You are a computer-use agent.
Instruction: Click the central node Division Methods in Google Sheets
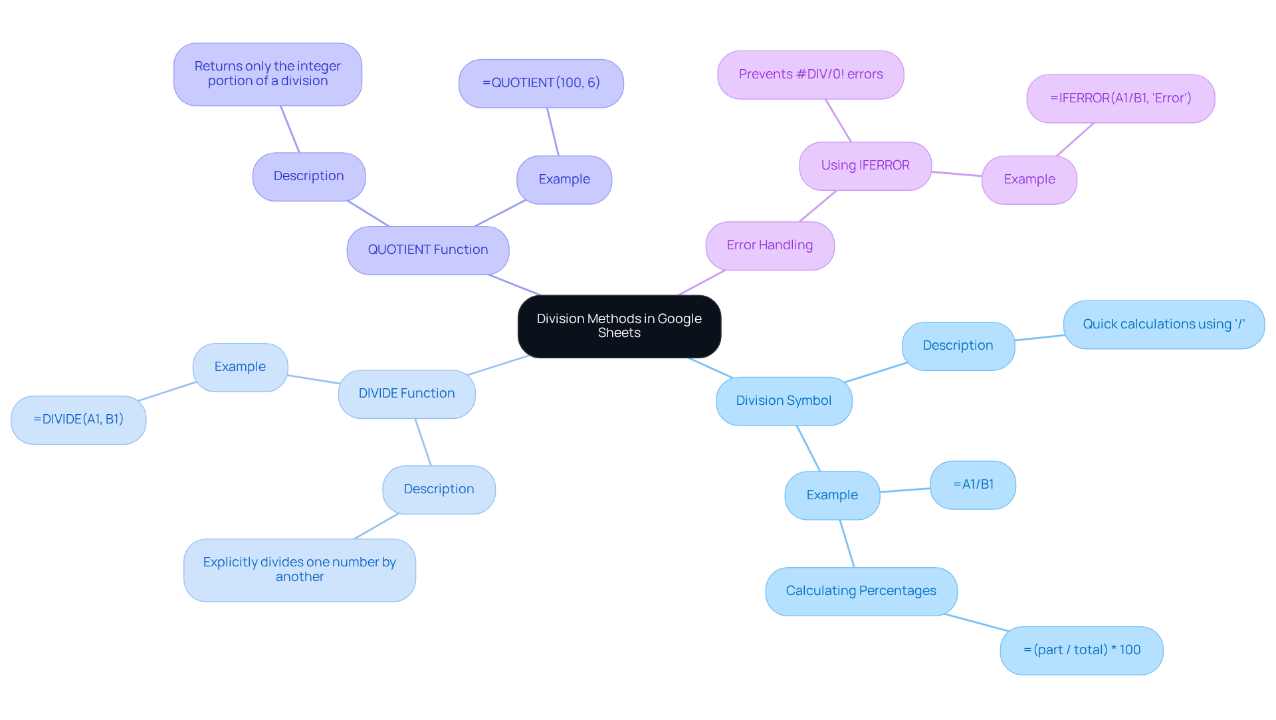click(x=619, y=326)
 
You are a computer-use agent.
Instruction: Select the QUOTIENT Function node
click(x=427, y=250)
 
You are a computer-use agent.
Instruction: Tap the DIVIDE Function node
click(x=406, y=394)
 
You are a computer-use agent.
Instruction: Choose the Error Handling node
click(x=770, y=245)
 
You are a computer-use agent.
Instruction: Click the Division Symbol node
click(x=784, y=401)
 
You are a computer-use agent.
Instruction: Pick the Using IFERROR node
click(x=865, y=166)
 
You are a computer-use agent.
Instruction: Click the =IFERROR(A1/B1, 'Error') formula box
click(x=1120, y=98)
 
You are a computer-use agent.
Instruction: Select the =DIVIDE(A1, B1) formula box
click(x=78, y=420)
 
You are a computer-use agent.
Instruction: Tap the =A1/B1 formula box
click(x=972, y=485)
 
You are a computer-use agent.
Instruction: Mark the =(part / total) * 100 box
click(x=1081, y=650)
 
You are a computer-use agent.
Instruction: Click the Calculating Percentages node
click(x=861, y=591)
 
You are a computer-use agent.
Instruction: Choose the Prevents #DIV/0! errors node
click(x=810, y=74)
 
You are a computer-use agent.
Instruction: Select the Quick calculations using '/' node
click(x=1163, y=324)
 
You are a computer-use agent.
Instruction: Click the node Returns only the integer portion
click(x=267, y=74)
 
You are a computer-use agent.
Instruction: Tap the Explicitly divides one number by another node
click(x=299, y=570)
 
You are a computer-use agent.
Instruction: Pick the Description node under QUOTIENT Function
click(x=308, y=176)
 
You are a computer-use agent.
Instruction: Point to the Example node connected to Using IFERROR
click(x=1029, y=180)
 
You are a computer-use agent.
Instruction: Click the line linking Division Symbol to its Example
click(x=808, y=448)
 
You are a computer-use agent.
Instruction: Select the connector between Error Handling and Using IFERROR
click(x=817, y=206)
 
